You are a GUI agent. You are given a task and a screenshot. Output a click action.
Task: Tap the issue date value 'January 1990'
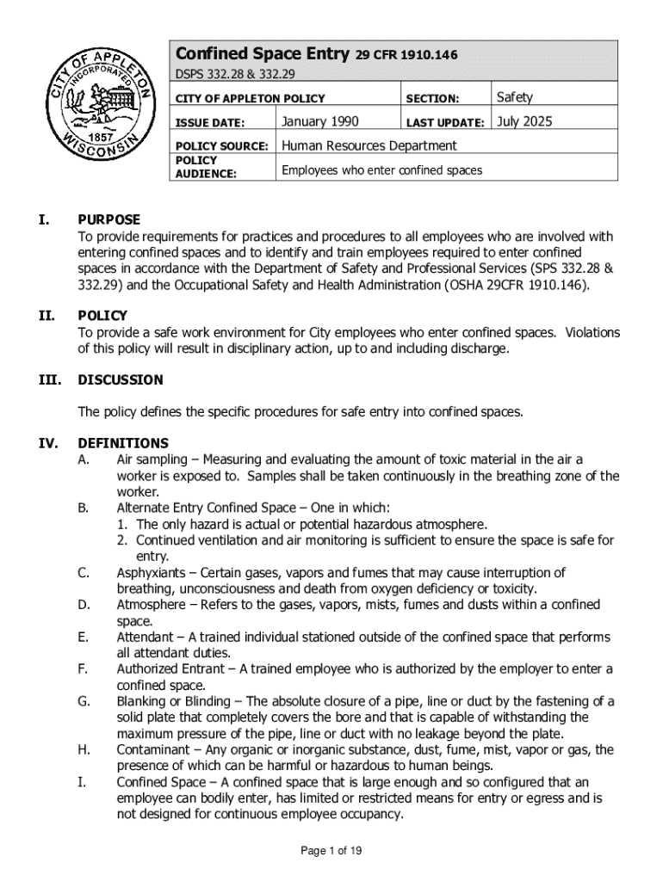coord(320,121)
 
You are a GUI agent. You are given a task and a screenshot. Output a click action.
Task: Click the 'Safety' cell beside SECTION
coord(515,97)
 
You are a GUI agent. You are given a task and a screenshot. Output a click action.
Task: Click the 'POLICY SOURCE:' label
coord(221,146)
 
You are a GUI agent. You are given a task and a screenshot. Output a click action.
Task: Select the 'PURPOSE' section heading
coord(108,220)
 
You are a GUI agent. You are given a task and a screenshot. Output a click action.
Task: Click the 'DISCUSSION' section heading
coord(120,379)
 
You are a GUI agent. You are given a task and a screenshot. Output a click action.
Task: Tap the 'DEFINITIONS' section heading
coord(123,443)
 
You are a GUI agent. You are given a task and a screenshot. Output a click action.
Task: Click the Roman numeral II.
coord(46,316)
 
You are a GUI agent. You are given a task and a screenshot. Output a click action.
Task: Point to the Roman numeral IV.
coord(46,443)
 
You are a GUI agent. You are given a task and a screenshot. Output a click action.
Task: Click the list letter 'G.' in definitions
coord(84,702)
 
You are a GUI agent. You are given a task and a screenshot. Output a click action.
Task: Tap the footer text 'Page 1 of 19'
coord(331,851)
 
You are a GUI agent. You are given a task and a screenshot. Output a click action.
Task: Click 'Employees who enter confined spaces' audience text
coord(381,170)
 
